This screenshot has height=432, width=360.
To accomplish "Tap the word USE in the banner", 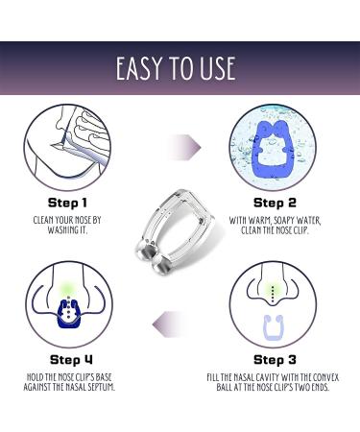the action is (218, 68).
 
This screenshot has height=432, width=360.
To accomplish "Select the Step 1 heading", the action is (67, 203).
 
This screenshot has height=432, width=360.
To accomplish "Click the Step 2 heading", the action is (275, 203).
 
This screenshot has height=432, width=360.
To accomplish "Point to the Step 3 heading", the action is (275, 360).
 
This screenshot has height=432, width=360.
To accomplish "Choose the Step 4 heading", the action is (71, 360).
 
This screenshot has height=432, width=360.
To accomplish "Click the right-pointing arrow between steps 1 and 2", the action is (185, 148).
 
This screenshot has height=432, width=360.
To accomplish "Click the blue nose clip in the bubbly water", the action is (273, 149).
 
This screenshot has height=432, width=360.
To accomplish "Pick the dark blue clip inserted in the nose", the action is (68, 314).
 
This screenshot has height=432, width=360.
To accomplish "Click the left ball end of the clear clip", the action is (145, 251).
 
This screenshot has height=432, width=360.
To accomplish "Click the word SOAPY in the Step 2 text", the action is (282, 221).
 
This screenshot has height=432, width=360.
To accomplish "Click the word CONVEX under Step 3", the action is (325, 377).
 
